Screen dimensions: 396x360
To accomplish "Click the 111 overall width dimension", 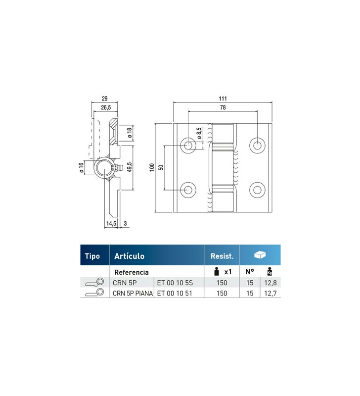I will pyautogui.click(x=223, y=99).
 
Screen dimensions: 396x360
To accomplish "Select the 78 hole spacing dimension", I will pyautogui.click(x=223, y=107).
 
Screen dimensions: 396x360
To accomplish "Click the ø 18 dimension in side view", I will pyautogui.click(x=130, y=132).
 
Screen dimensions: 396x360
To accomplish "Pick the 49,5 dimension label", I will pyautogui.click(x=129, y=168).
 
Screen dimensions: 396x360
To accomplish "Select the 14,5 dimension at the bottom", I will pyautogui.click(x=111, y=224).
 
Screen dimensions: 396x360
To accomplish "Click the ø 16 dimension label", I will pyautogui.click(x=80, y=168).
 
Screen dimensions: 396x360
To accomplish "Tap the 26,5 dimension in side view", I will pyautogui.click(x=105, y=107).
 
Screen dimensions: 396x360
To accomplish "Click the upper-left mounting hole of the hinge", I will pyautogui.click(x=188, y=145).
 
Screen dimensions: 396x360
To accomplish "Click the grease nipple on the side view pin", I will pyautogui.click(x=118, y=168).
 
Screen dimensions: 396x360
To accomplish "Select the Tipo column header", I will pyautogui.click(x=92, y=256).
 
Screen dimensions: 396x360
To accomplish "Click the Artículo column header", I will pyautogui.click(x=129, y=256).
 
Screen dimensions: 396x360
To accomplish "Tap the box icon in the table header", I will pyautogui.click(x=260, y=255).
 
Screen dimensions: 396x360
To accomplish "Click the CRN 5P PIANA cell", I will pyautogui.click(x=133, y=293).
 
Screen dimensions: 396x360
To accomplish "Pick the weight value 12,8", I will pyautogui.click(x=270, y=283).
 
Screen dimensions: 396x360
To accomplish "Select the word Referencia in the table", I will pyautogui.click(x=132, y=272).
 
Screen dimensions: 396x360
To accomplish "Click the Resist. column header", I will pyautogui.click(x=222, y=256).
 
